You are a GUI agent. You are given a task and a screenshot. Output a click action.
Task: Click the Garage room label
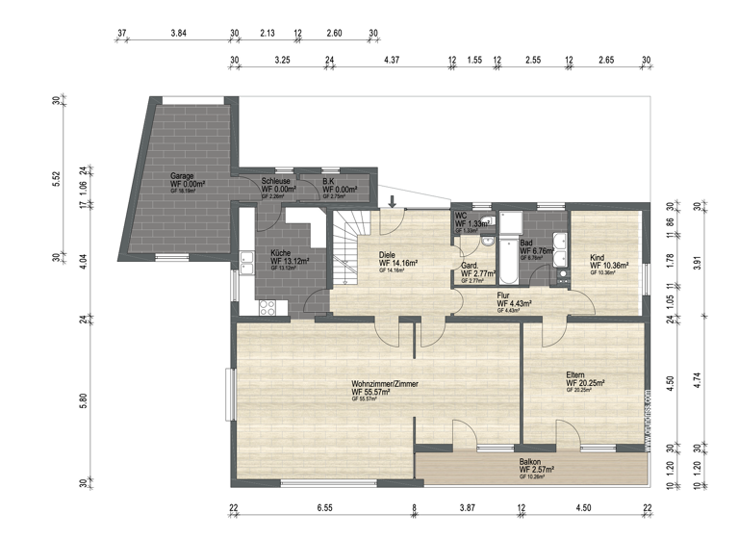point(182,176)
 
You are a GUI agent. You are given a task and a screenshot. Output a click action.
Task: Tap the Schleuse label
point(275,181)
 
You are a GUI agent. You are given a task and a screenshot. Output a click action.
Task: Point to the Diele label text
point(388,254)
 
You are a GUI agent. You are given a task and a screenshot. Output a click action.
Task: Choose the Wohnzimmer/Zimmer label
point(385,383)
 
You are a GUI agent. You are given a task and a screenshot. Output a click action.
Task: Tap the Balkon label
point(530,462)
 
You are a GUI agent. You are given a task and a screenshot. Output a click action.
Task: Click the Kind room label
point(598,257)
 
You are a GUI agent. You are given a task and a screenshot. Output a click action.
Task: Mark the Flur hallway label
point(502,296)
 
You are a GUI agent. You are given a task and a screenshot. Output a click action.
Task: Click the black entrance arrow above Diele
point(393,200)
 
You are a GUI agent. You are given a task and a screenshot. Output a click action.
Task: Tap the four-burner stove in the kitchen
point(267,307)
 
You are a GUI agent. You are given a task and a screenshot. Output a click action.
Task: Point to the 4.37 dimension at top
point(391,60)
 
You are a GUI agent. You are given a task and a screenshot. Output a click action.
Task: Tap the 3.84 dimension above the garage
point(178,33)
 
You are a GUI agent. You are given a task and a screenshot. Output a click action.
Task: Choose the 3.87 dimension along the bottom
point(468,507)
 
